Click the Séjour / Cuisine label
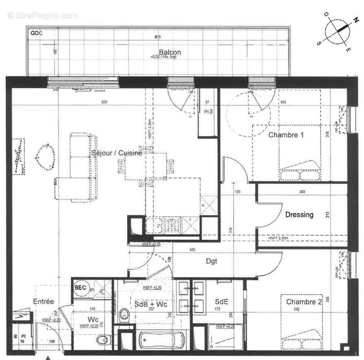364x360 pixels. click(x=117, y=153)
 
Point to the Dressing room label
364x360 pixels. click(x=299, y=215)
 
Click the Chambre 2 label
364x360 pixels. click(x=304, y=302)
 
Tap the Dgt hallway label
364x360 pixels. click(x=212, y=261)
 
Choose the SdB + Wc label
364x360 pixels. click(x=151, y=305)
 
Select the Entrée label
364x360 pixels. click(x=44, y=301)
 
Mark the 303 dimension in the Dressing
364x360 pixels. click(x=302, y=192)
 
